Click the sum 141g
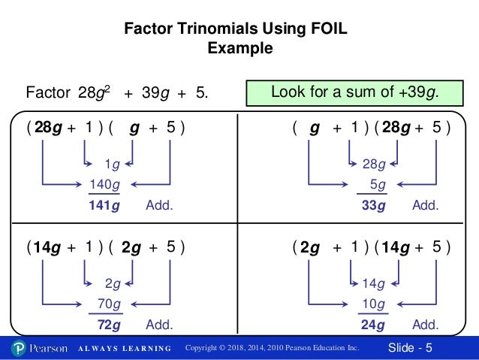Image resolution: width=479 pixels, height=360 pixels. [105, 204]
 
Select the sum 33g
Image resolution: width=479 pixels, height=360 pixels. [372, 204]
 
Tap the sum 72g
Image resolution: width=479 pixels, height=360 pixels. [109, 325]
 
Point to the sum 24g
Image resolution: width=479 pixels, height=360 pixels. [372, 325]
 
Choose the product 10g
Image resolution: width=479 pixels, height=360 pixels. [372, 304]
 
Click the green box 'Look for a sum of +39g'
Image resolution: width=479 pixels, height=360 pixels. [354, 92]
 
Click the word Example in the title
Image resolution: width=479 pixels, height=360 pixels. [239, 50]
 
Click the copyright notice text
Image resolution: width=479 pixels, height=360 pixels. [272, 348]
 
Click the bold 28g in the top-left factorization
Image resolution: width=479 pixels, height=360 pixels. [48, 127]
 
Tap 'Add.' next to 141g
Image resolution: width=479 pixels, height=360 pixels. [159, 204]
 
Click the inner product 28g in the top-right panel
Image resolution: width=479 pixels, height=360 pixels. [373, 164]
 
